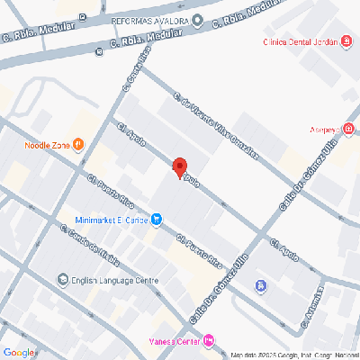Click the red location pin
coord(179,167)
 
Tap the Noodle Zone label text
coord(47,144)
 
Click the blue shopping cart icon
coord(157,218)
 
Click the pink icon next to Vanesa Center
coord(210,339)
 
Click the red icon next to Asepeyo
coord(347,130)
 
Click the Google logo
coord(18,352)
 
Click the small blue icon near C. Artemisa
coord(260,286)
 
